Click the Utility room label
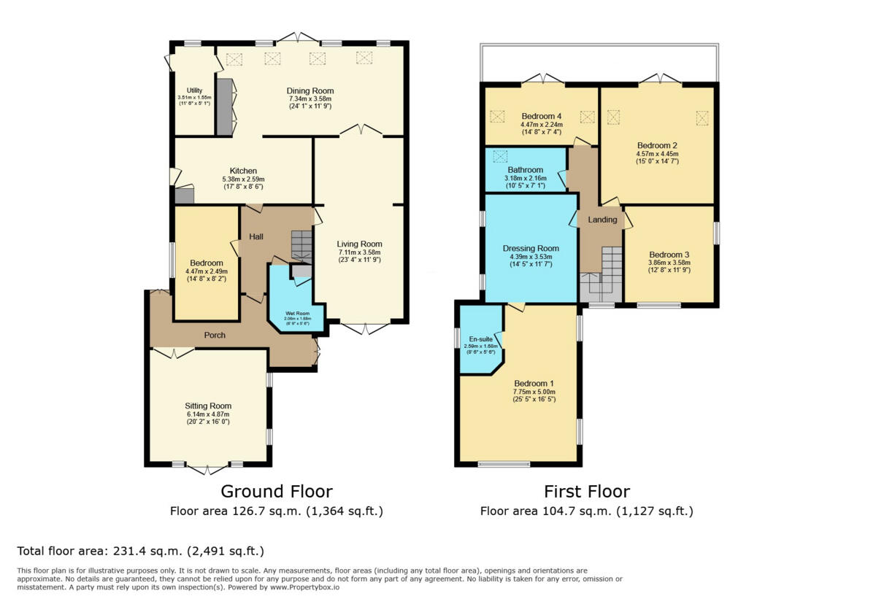(x=193, y=91)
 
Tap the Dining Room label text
(x=310, y=91)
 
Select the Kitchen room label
(x=243, y=171)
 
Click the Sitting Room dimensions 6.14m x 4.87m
(x=208, y=415)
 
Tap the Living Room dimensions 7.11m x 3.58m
(x=359, y=252)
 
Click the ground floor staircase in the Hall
(x=301, y=244)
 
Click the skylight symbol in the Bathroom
(x=500, y=156)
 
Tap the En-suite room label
(x=480, y=339)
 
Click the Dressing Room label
(x=531, y=249)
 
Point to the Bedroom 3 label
(x=669, y=255)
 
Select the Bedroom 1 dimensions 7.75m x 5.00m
(x=534, y=392)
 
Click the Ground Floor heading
(x=276, y=491)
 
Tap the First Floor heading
(x=586, y=491)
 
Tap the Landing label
(x=603, y=220)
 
